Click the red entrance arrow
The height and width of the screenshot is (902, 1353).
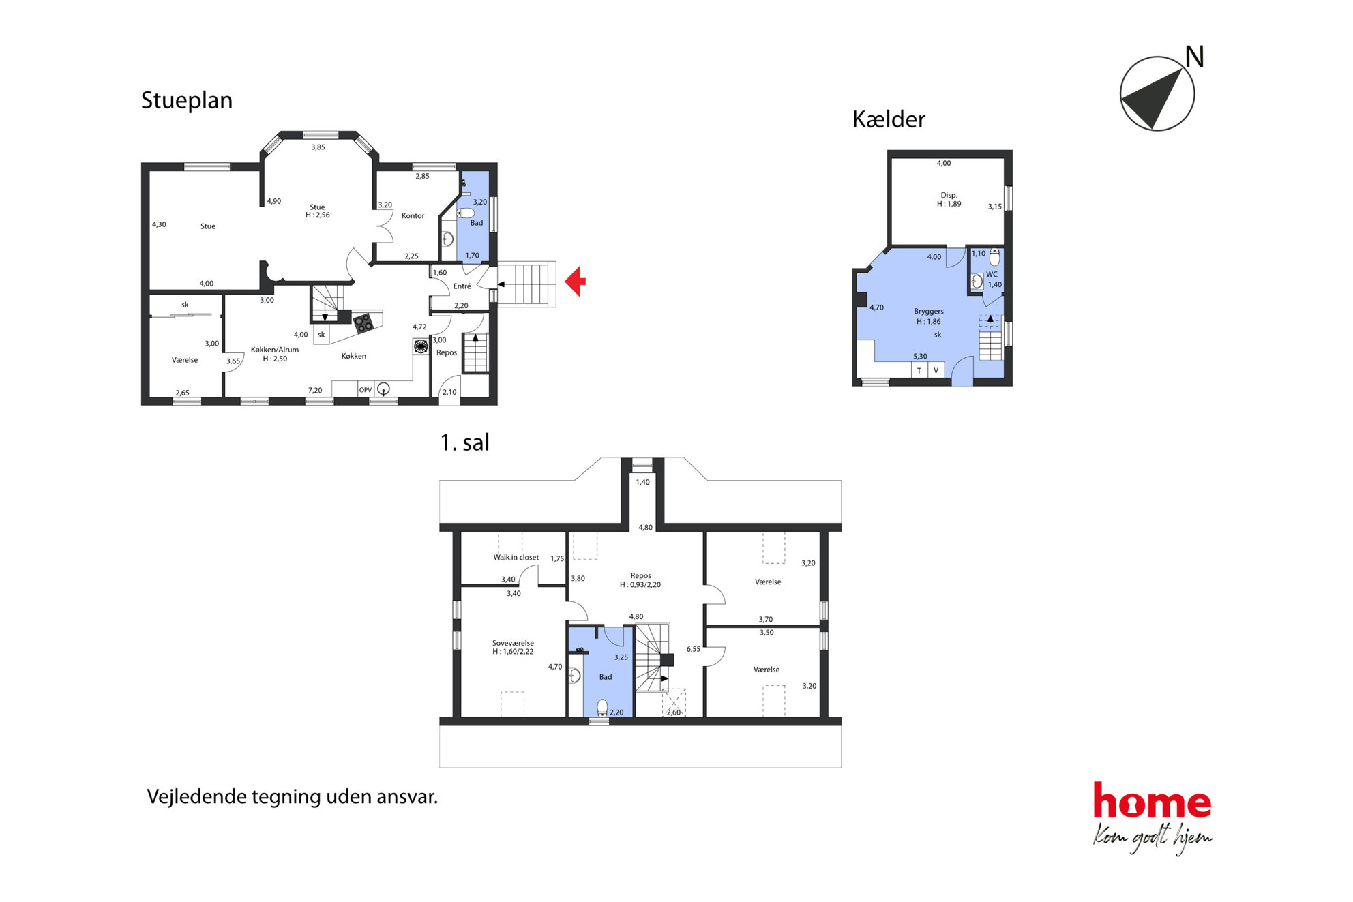[x=575, y=281]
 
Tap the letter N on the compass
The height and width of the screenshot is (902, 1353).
[x=1194, y=57]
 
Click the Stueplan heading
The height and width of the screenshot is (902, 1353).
[x=187, y=101]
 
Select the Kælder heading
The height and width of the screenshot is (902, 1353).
[x=889, y=119]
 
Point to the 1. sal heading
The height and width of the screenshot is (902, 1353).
[x=465, y=442]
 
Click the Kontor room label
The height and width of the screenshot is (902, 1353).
[x=413, y=216]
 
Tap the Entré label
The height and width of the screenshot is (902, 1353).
[x=462, y=286]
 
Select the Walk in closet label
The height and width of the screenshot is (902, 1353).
[x=516, y=558]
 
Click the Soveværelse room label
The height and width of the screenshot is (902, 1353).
[x=513, y=643]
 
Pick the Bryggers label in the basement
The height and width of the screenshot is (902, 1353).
[x=929, y=312]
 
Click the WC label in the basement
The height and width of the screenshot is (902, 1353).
[x=992, y=274]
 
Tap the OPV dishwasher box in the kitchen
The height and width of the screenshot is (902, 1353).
[x=366, y=390]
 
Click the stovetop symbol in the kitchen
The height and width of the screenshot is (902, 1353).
[x=363, y=322]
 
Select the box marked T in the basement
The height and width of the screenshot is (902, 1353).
[x=919, y=370]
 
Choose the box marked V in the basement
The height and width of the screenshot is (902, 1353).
[x=936, y=370]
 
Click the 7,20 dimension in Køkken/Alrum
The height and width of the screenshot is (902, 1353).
[x=315, y=391]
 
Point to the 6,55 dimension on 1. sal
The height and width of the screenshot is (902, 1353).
[x=693, y=649]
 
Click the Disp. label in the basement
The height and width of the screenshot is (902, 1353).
[x=949, y=195]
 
